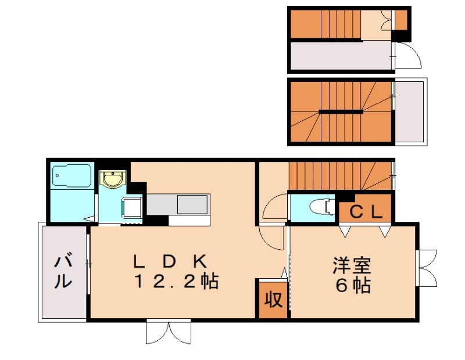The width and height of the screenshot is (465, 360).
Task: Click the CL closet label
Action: click(x=366, y=213)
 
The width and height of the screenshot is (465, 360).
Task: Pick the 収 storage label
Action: click(x=273, y=299)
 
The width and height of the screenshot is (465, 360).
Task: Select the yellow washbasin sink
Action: click(x=112, y=179)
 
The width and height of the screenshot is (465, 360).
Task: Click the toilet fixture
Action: click(x=320, y=207)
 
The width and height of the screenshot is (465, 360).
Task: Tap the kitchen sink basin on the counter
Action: click(x=192, y=204)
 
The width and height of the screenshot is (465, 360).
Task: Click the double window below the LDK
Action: click(x=168, y=332)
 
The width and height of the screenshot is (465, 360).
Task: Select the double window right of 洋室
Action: click(x=427, y=267)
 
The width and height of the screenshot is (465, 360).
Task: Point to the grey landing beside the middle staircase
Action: click(x=409, y=111)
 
